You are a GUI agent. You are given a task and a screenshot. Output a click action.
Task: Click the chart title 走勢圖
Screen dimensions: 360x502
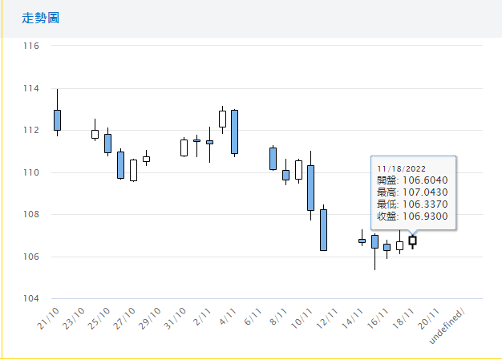pyautogui.click(x=40, y=18)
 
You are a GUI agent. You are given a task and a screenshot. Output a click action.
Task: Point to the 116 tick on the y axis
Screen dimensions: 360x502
pyautogui.click(x=31, y=46)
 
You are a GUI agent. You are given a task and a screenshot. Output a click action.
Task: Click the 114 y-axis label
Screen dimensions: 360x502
pyautogui.click(x=31, y=88)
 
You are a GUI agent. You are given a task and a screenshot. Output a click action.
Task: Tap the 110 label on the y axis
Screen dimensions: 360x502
pyautogui.click(x=31, y=172)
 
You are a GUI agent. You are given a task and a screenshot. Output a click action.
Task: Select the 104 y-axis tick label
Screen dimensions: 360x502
pyautogui.click(x=31, y=299)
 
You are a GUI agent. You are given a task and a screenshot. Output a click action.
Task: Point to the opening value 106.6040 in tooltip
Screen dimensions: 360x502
pyautogui.click(x=430, y=180)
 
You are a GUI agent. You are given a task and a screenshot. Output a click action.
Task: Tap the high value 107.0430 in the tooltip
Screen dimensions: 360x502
pyautogui.click(x=430, y=192)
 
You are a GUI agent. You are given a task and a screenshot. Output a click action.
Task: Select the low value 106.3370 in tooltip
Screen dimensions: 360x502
pyautogui.click(x=430, y=204)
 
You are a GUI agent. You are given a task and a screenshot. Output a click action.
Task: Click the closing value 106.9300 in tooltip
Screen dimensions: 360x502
pyautogui.click(x=430, y=216)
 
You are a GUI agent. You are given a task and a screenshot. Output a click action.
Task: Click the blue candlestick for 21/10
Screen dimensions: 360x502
pyautogui.click(x=57, y=119)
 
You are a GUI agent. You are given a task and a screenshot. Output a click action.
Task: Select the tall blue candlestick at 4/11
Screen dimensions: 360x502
pyautogui.click(x=234, y=131)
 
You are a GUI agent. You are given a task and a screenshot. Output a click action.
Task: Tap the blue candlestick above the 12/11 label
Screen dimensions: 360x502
pyautogui.click(x=323, y=230)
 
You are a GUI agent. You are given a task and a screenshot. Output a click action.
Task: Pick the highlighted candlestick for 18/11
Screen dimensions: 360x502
pyautogui.click(x=412, y=241)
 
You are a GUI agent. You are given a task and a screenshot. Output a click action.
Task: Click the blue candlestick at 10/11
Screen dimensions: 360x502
pyautogui.click(x=310, y=188)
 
